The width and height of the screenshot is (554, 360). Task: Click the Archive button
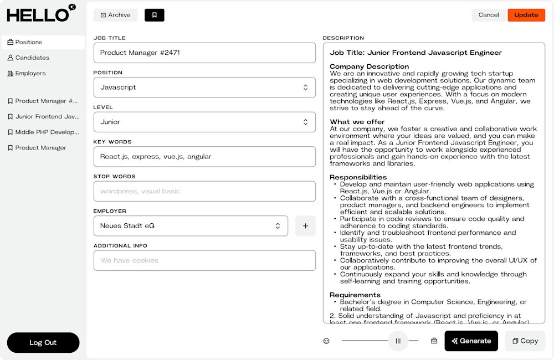click(x=115, y=15)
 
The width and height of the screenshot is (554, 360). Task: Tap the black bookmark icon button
click(x=154, y=15)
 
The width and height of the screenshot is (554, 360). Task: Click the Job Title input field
click(x=204, y=53)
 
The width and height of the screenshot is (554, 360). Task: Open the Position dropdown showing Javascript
click(x=204, y=88)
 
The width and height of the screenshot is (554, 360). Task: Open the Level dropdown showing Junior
click(x=204, y=122)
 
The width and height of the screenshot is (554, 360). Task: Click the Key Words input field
click(x=204, y=157)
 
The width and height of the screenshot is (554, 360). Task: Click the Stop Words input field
click(x=204, y=191)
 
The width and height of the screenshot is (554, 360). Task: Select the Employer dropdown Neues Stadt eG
click(x=191, y=226)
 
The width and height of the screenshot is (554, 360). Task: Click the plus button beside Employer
click(x=305, y=226)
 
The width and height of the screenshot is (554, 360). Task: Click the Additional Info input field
click(x=204, y=260)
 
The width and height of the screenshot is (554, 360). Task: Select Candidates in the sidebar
click(x=32, y=58)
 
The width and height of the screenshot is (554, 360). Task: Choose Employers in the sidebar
click(x=30, y=73)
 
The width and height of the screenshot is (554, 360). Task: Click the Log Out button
click(x=43, y=343)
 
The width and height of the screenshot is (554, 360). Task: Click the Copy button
click(x=525, y=341)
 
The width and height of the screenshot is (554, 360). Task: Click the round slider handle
click(x=398, y=341)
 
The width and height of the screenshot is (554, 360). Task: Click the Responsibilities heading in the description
click(x=358, y=177)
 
